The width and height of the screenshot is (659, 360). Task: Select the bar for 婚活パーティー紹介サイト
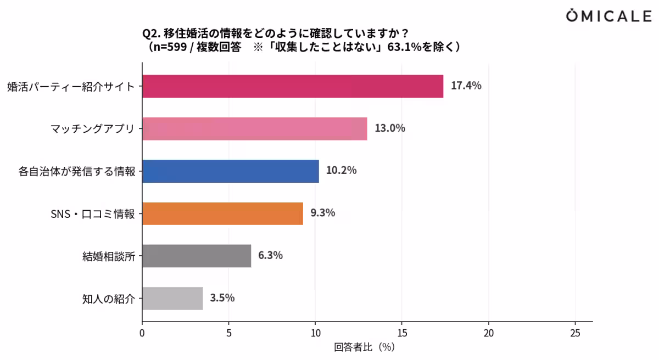pos(292,86)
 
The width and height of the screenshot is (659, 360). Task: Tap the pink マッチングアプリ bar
pos(254,128)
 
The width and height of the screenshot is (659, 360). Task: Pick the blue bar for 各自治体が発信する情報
pos(230,171)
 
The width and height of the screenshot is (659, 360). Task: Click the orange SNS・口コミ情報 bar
pos(222,213)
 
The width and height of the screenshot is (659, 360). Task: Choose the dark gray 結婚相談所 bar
pos(196,256)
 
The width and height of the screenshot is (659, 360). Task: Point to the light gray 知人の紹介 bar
pos(172,299)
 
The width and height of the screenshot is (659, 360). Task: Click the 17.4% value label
pos(466,86)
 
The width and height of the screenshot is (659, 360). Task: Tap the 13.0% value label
pos(390,128)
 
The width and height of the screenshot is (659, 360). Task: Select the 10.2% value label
pos(341,171)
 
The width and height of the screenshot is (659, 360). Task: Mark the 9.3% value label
pos(322,213)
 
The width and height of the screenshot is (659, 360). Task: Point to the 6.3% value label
pos(270,255)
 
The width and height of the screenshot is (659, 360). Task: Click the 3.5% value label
pos(222,298)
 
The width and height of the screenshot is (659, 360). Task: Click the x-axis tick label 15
pos(402,333)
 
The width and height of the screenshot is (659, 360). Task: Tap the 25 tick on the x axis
pos(575,333)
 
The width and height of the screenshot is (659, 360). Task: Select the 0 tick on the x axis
pos(142,333)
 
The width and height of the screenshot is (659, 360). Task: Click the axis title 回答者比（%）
pos(364,347)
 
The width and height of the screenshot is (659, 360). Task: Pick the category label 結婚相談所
pos(108,256)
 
